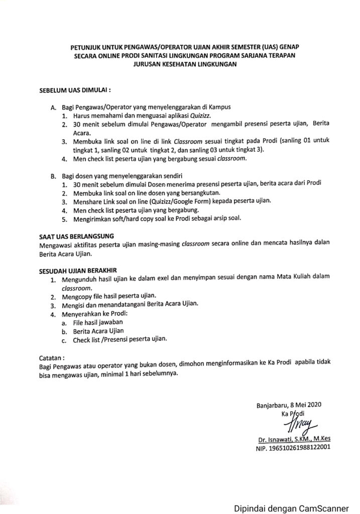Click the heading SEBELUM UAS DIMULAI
pos(74,92)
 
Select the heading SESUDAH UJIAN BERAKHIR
pos(78,270)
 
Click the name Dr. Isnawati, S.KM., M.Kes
pos(296,438)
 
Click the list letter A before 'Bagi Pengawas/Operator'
pos(53,107)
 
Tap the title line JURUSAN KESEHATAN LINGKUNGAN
pos(178,64)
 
